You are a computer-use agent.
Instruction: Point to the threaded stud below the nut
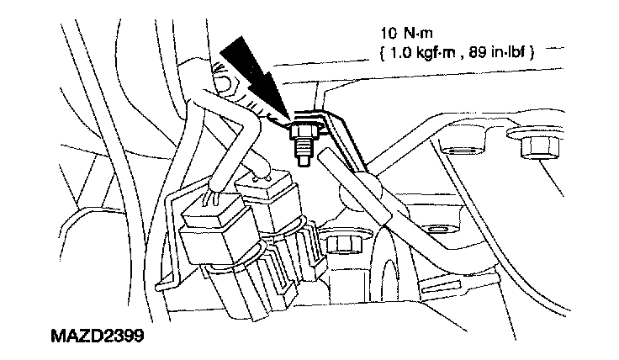point(300,151)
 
